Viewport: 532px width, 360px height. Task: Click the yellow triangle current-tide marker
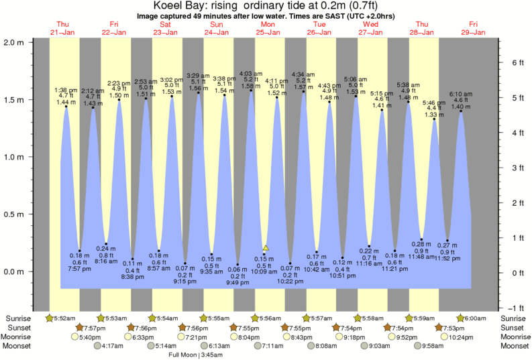[266, 248]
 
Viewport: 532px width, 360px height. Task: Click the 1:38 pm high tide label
[66, 90]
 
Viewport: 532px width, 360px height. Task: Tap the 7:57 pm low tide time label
[80, 269]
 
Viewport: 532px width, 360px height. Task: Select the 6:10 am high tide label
[461, 93]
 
